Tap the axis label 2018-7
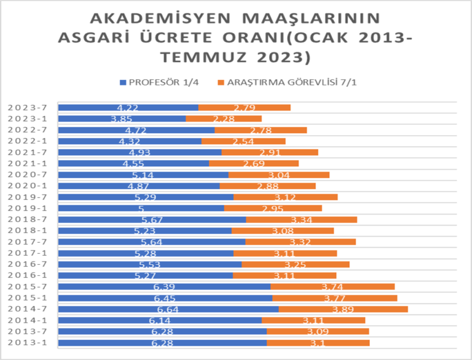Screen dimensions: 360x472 [x=28, y=219]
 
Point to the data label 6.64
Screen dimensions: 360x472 [x=168, y=309]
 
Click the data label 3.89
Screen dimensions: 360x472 [x=342, y=309]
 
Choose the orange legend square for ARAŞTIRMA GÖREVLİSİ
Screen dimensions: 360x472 [x=221, y=82]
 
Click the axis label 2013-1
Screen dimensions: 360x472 [x=28, y=343]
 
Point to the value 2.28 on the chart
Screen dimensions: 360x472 [x=224, y=119]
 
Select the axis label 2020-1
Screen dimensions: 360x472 [x=28, y=186]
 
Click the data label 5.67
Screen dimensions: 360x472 [x=152, y=219]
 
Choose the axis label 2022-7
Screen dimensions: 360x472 [x=28, y=130]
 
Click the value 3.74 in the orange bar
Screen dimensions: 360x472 [x=332, y=287]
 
